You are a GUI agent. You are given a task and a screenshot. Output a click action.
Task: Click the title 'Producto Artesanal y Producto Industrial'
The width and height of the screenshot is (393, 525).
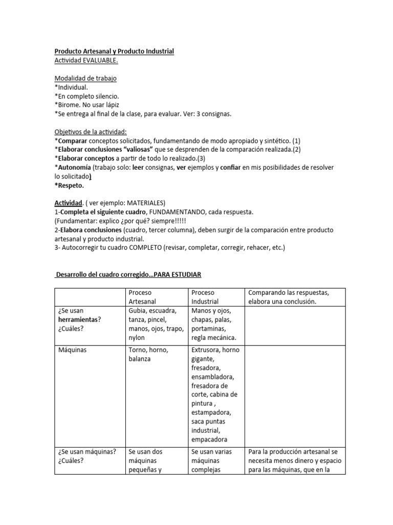[114, 51]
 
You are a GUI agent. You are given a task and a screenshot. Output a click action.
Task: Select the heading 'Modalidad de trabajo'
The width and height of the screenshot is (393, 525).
[85, 78]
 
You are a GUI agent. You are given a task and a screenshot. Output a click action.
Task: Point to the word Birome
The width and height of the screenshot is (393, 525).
[68, 105]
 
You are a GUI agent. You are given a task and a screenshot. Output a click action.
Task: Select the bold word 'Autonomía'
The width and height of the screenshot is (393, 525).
[74, 167]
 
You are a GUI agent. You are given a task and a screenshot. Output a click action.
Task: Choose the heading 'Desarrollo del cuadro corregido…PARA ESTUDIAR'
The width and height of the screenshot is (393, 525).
[132, 275]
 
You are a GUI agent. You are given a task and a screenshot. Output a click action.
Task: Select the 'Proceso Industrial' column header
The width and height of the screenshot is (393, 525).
[205, 297]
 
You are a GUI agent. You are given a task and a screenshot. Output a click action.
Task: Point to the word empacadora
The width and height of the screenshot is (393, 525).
[210, 439]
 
